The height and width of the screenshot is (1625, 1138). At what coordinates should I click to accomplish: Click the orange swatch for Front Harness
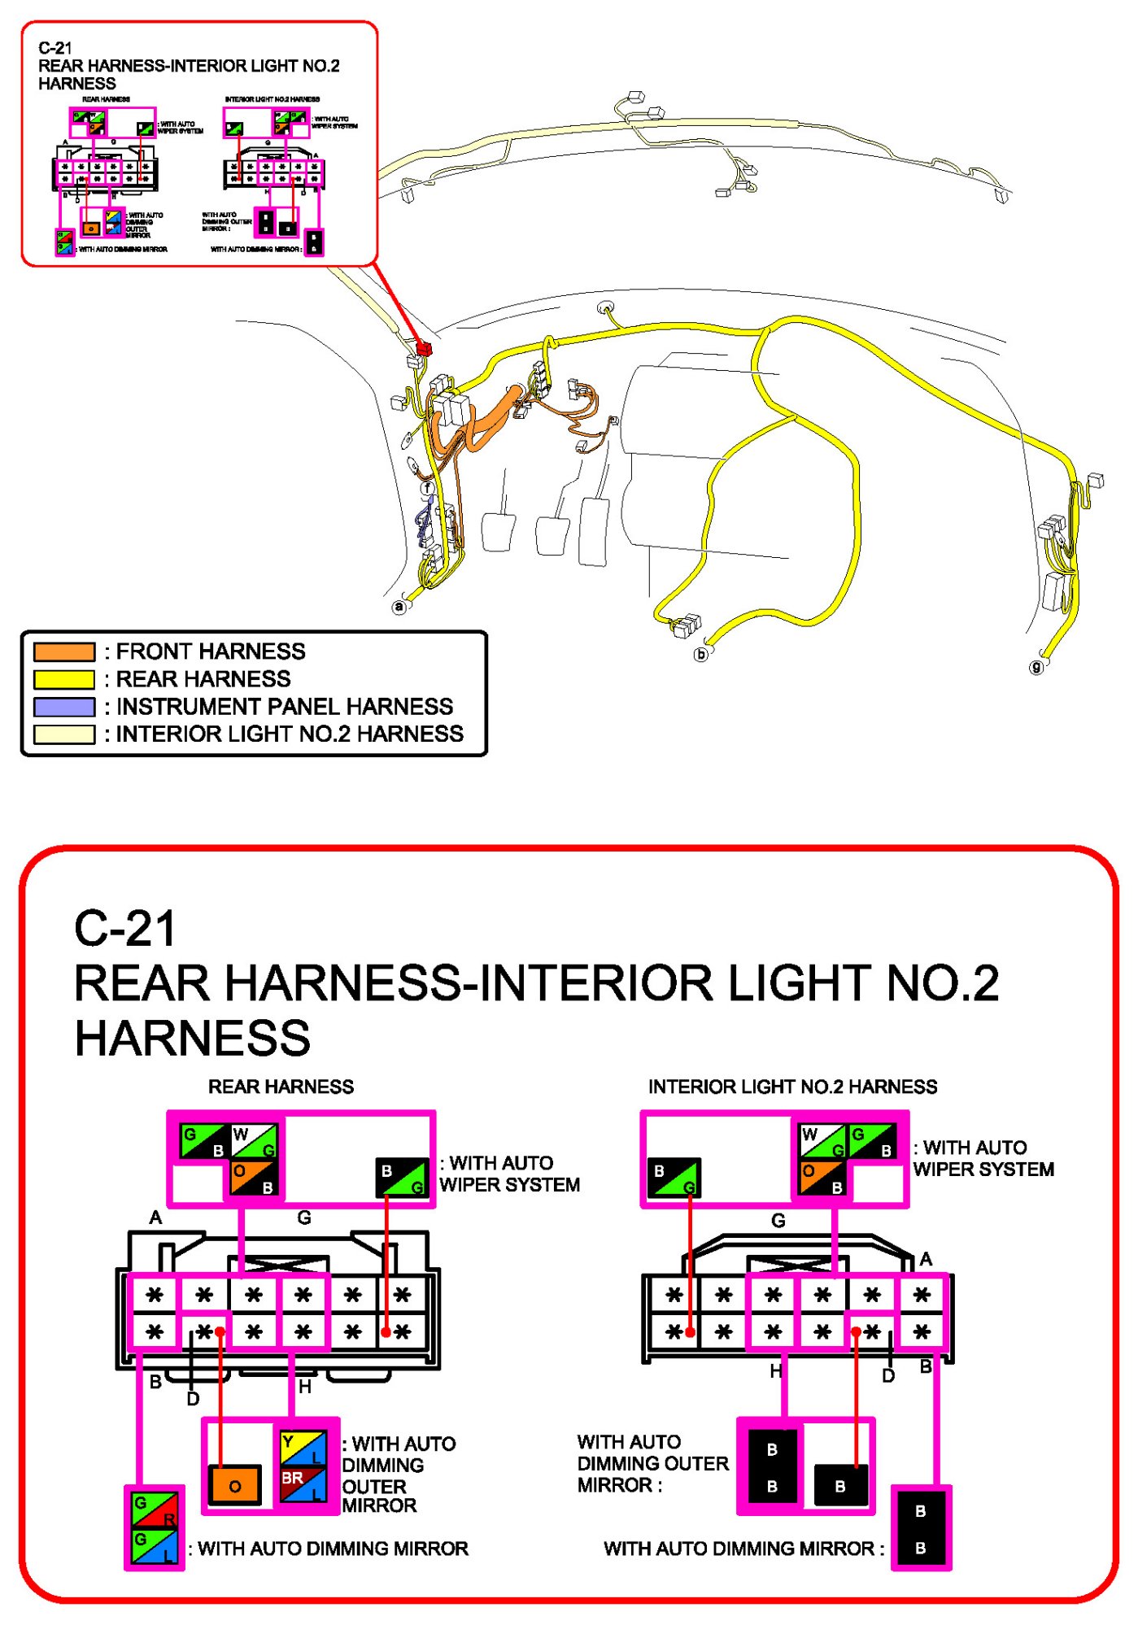(x=64, y=651)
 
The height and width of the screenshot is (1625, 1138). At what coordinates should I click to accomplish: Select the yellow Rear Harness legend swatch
(x=64, y=679)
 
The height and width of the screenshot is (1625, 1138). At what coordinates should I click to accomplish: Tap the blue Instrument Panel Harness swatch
(x=64, y=707)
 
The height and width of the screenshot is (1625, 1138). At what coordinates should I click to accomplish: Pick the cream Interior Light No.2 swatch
(x=64, y=734)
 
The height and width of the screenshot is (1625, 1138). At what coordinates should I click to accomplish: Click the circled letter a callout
(x=399, y=607)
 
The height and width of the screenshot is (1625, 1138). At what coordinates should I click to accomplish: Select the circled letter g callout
(x=1036, y=667)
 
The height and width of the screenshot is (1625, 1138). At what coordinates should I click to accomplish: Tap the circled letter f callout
(x=428, y=488)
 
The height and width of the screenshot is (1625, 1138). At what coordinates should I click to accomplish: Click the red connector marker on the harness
(x=423, y=348)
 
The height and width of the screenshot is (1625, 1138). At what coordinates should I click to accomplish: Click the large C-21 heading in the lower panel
(x=125, y=929)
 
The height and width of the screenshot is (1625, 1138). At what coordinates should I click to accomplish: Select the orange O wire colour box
(x=235, y=1485)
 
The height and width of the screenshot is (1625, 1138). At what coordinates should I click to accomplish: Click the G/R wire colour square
(x=155, y=1510)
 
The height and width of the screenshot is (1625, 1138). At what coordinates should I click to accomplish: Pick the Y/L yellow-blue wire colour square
(x=303, y=1449)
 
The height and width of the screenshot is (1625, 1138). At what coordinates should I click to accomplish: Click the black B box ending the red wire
(x=840, y=1485)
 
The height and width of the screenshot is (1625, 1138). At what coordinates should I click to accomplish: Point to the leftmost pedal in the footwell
(x=498, y=531)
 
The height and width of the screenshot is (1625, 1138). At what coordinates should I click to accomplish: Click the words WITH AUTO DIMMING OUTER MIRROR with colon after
(x=652, y=1463)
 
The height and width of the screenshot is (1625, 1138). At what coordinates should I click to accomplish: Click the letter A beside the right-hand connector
(x=926, y=1260)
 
